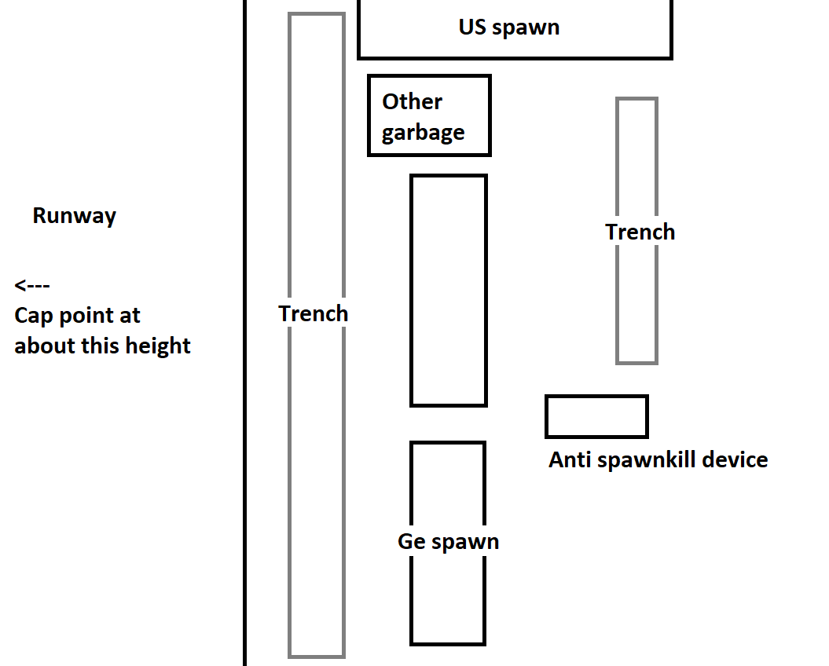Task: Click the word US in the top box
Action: pyautogui.click(x=473, y=27)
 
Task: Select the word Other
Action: pyautogui.click(x=412, y=102)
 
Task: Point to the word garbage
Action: pyautogui.click(x=423, y=133)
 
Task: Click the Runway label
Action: pyautogui.click(x=74, y=216)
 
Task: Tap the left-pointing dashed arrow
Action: pyautogui.click(x=32, y=285)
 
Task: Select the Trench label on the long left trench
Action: pyautogui.click(x=313, y=314)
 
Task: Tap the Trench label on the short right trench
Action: pyautogui.click(x=640, y=232)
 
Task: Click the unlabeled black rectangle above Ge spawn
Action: pyautogui.click(x=448, y=291)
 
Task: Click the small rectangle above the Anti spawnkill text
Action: pyautogui.click(x=596, y=416)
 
